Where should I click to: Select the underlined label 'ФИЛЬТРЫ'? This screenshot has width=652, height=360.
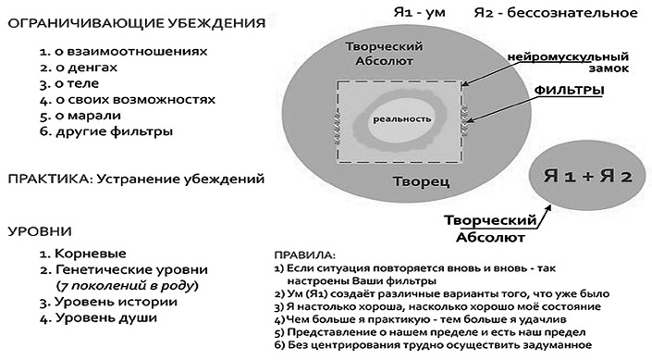pos(572,91)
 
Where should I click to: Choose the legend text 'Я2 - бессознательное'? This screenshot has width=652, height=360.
pos(555,12)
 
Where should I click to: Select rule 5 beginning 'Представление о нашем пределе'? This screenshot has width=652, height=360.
pos(435,330)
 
